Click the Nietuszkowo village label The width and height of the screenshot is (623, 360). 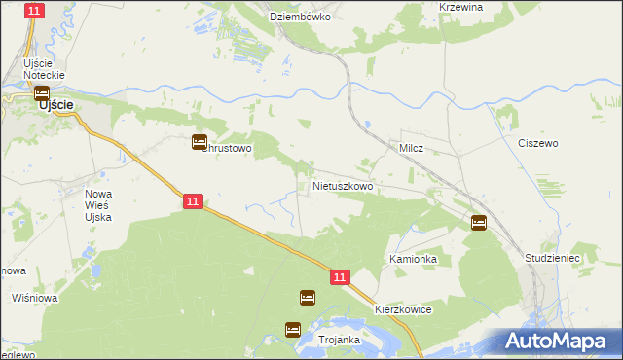(342, 184)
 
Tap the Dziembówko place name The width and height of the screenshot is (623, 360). (301, 18)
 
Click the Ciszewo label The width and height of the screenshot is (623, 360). (537, 143)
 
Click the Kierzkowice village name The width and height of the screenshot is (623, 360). (402, 308)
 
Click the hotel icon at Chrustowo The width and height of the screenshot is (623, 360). (200, 143)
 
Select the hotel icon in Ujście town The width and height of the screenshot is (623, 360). (42, 94)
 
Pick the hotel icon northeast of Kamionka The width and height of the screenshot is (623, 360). (478, 223)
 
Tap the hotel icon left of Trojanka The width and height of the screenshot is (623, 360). (293, 330)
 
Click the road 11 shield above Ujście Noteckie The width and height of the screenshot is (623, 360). (35, 11)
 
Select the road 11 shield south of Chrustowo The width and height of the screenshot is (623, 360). (193, 201)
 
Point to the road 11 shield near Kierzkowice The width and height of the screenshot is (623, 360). (339, 277)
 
